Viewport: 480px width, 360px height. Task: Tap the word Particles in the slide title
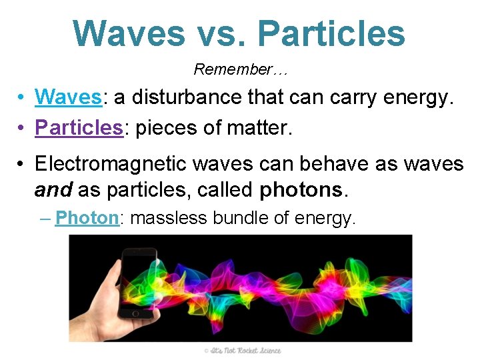pos(331,33)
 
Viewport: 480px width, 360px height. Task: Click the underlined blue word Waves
pos(68,97)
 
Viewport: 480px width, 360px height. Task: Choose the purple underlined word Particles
pos(79,127)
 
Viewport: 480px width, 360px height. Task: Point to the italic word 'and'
pos(53,191)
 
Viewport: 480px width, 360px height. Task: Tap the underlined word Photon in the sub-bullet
pos(87,218)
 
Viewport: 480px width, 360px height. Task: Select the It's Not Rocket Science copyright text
pos(243,351)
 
